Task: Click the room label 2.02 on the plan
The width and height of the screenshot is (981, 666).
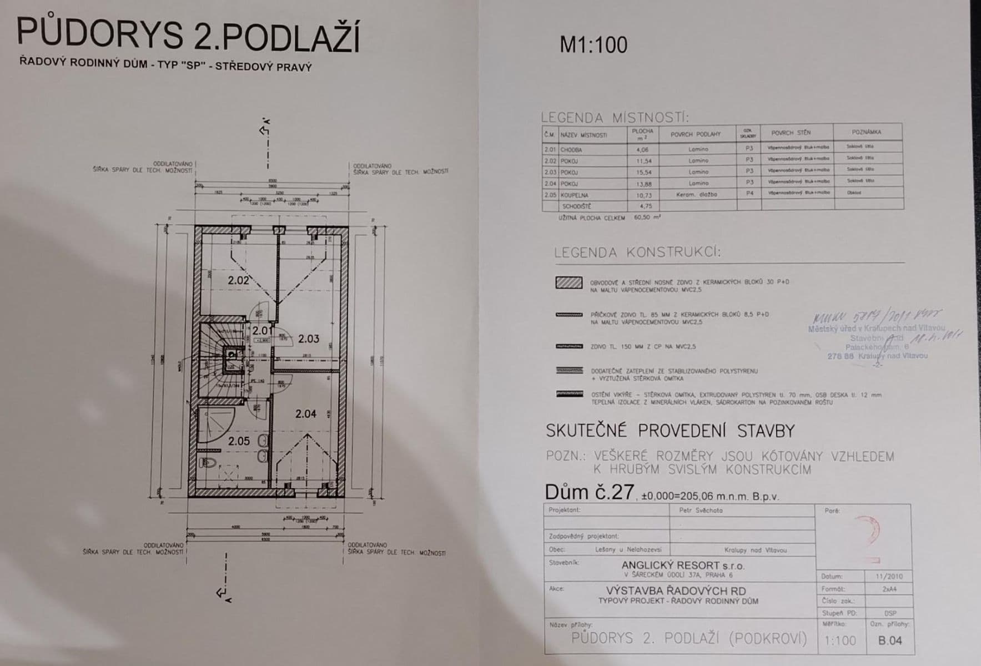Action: pos(238,280)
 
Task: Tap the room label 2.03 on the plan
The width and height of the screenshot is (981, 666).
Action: pos(309,339)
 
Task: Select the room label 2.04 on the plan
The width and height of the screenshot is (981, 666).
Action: pos(306,413)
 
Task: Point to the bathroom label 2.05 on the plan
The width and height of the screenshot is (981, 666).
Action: pos(239,441)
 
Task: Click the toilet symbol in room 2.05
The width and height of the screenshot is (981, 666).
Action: pos(207,462)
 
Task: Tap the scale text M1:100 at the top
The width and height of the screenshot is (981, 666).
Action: pos(593,45)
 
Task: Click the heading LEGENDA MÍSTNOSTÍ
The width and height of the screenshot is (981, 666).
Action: pos(615,118)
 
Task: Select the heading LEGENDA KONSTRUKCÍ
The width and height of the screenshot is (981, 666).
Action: pos(637,253)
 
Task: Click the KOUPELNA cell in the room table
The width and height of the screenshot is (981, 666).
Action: pos(575,195)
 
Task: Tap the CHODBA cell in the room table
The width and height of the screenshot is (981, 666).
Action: pos(572,149)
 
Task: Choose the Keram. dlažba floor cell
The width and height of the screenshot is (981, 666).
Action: pos(697,195)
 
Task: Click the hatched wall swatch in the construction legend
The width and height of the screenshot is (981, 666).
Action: pos(569,282)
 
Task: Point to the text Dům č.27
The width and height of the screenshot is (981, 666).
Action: pos(589,492)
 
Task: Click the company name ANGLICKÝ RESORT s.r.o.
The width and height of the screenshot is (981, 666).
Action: pos(683,566)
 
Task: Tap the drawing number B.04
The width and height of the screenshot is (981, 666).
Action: pos(890,640)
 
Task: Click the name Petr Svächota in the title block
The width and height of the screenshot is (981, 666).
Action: pos(701,510)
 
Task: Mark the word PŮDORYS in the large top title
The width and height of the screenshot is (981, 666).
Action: pos(100,34)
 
